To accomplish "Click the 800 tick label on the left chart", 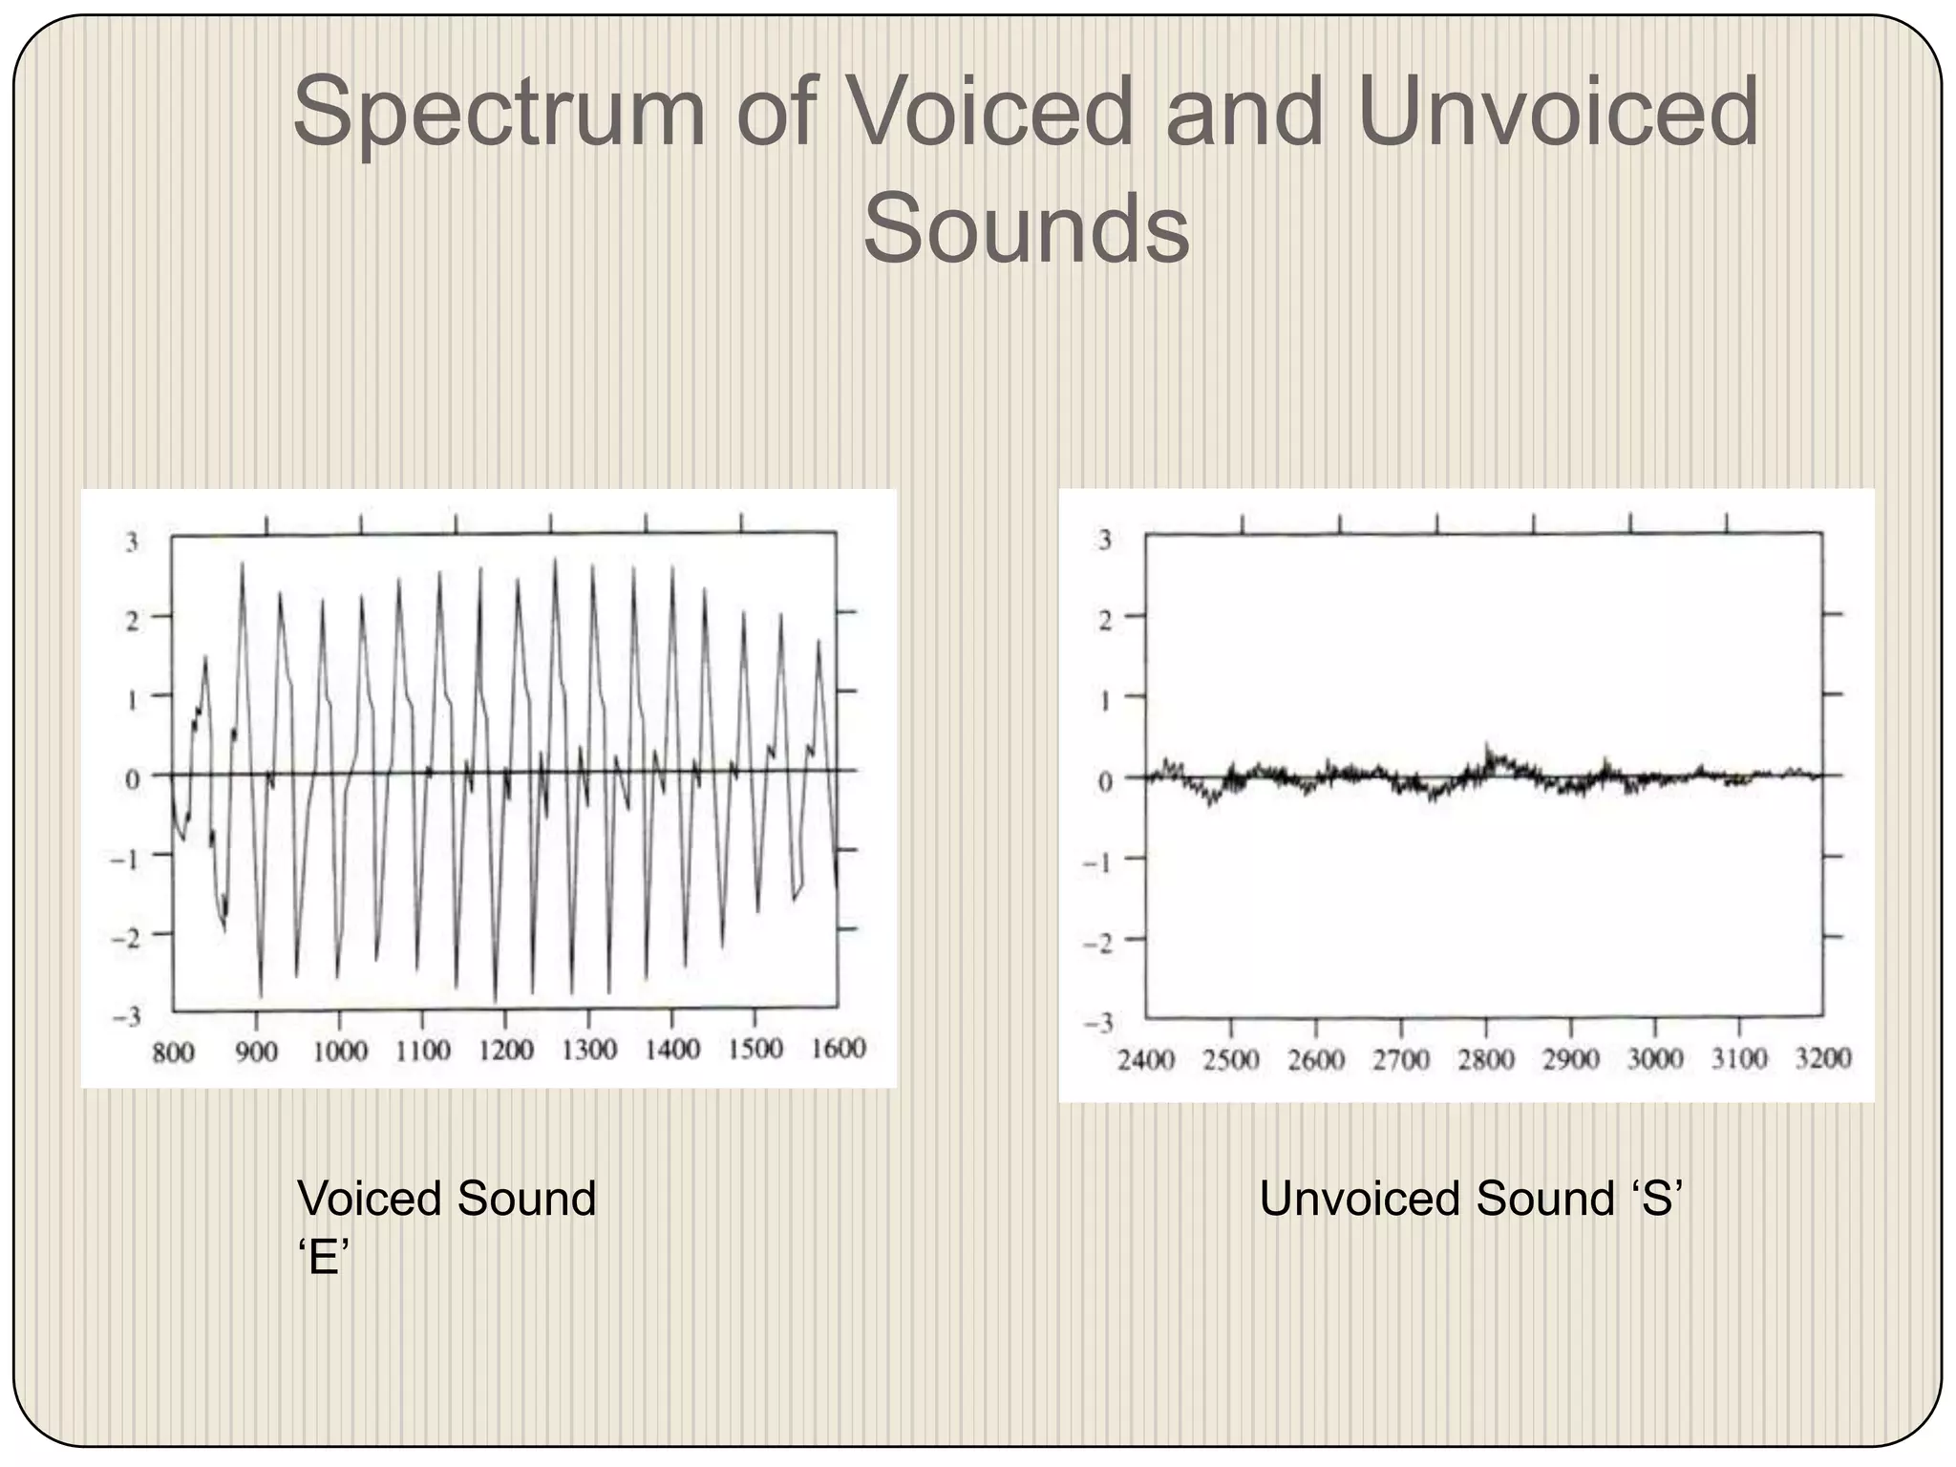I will click(x=173, y=1053).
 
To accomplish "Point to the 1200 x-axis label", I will click(x=505, y=1052).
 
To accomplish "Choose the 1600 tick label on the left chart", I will click(x=838, y=1049).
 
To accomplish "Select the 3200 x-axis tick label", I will click(x=1823, y=1058).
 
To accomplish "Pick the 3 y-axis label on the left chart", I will click(x=132, y=542).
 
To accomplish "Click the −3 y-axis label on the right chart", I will click(x=1099, y=1024).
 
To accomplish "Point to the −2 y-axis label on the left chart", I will click(x=125, y=938).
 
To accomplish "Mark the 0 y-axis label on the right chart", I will click(x=1105, y=781).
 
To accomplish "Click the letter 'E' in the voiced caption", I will click(x=325, y=1260).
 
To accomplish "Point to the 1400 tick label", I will click(x=671, y=1051).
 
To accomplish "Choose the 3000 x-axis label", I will click(x=1654, y=1059).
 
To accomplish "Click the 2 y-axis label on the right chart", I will click(x=1105, y=621).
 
